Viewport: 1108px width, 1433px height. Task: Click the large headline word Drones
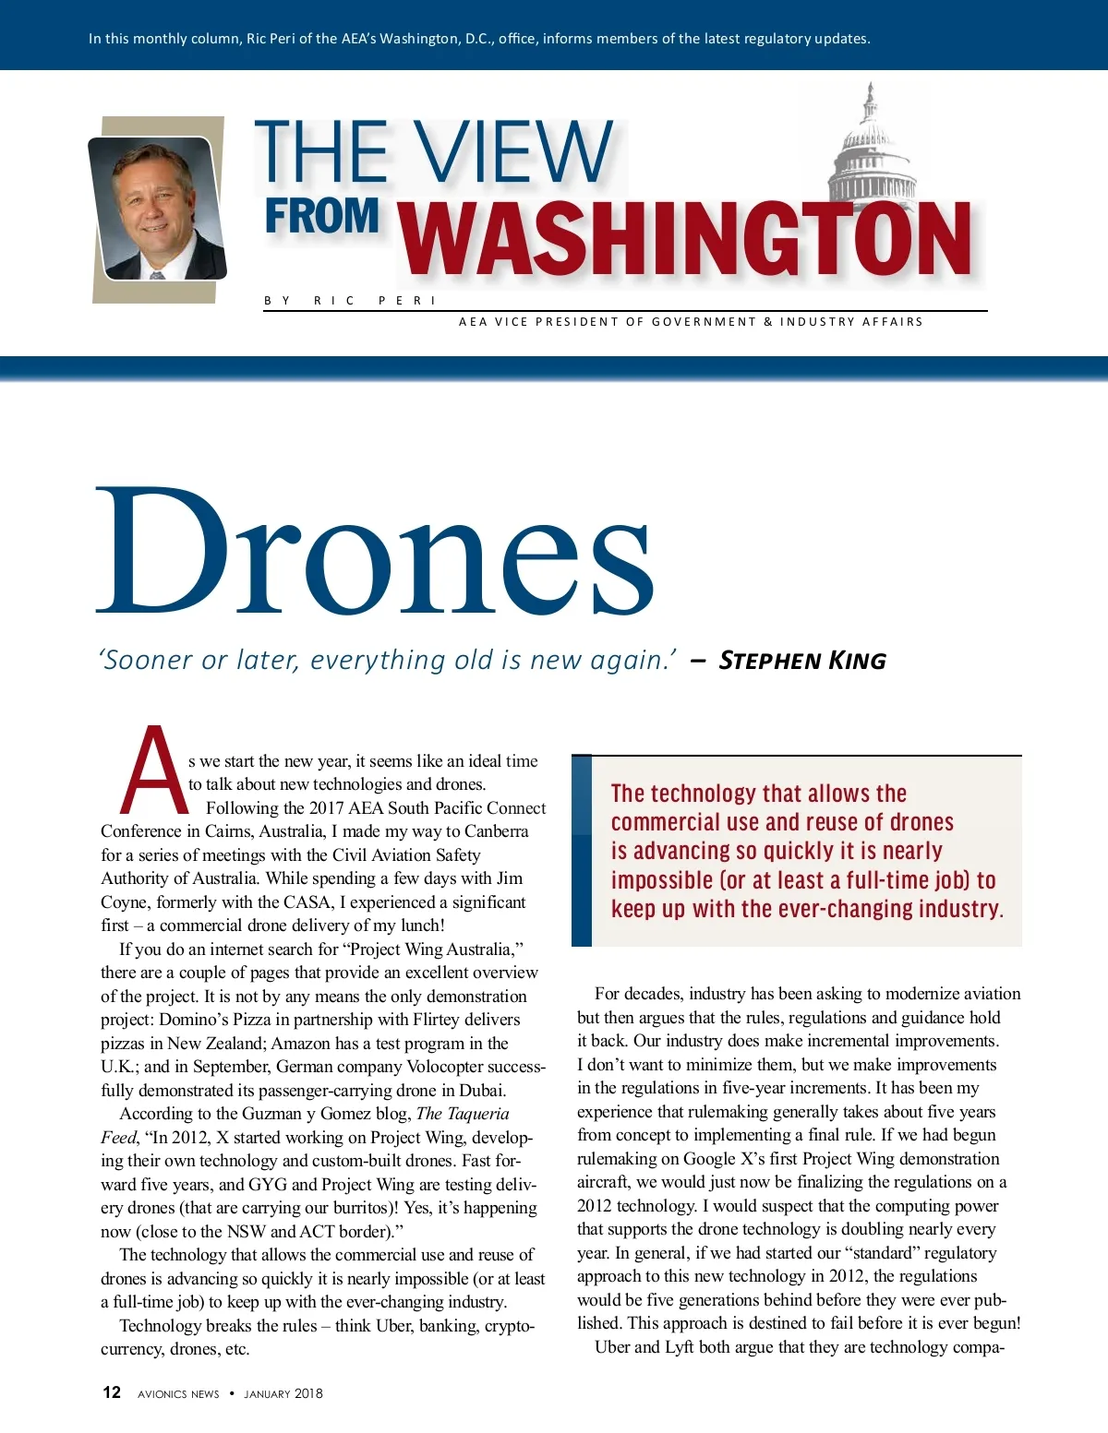375,551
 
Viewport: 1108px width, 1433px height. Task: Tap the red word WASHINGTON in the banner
686,240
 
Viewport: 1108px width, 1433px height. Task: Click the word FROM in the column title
321,217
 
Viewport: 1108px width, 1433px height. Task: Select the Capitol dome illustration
871,148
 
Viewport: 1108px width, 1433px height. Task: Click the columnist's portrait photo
157,209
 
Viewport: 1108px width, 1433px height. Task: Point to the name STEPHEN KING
801,661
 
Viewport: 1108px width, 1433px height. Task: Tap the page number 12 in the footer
112,1392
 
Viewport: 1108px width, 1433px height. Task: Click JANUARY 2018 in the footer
283,1393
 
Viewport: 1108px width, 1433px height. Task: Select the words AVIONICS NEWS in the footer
178,1393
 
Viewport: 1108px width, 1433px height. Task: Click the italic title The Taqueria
463,1114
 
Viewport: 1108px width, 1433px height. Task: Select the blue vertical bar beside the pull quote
582,851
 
